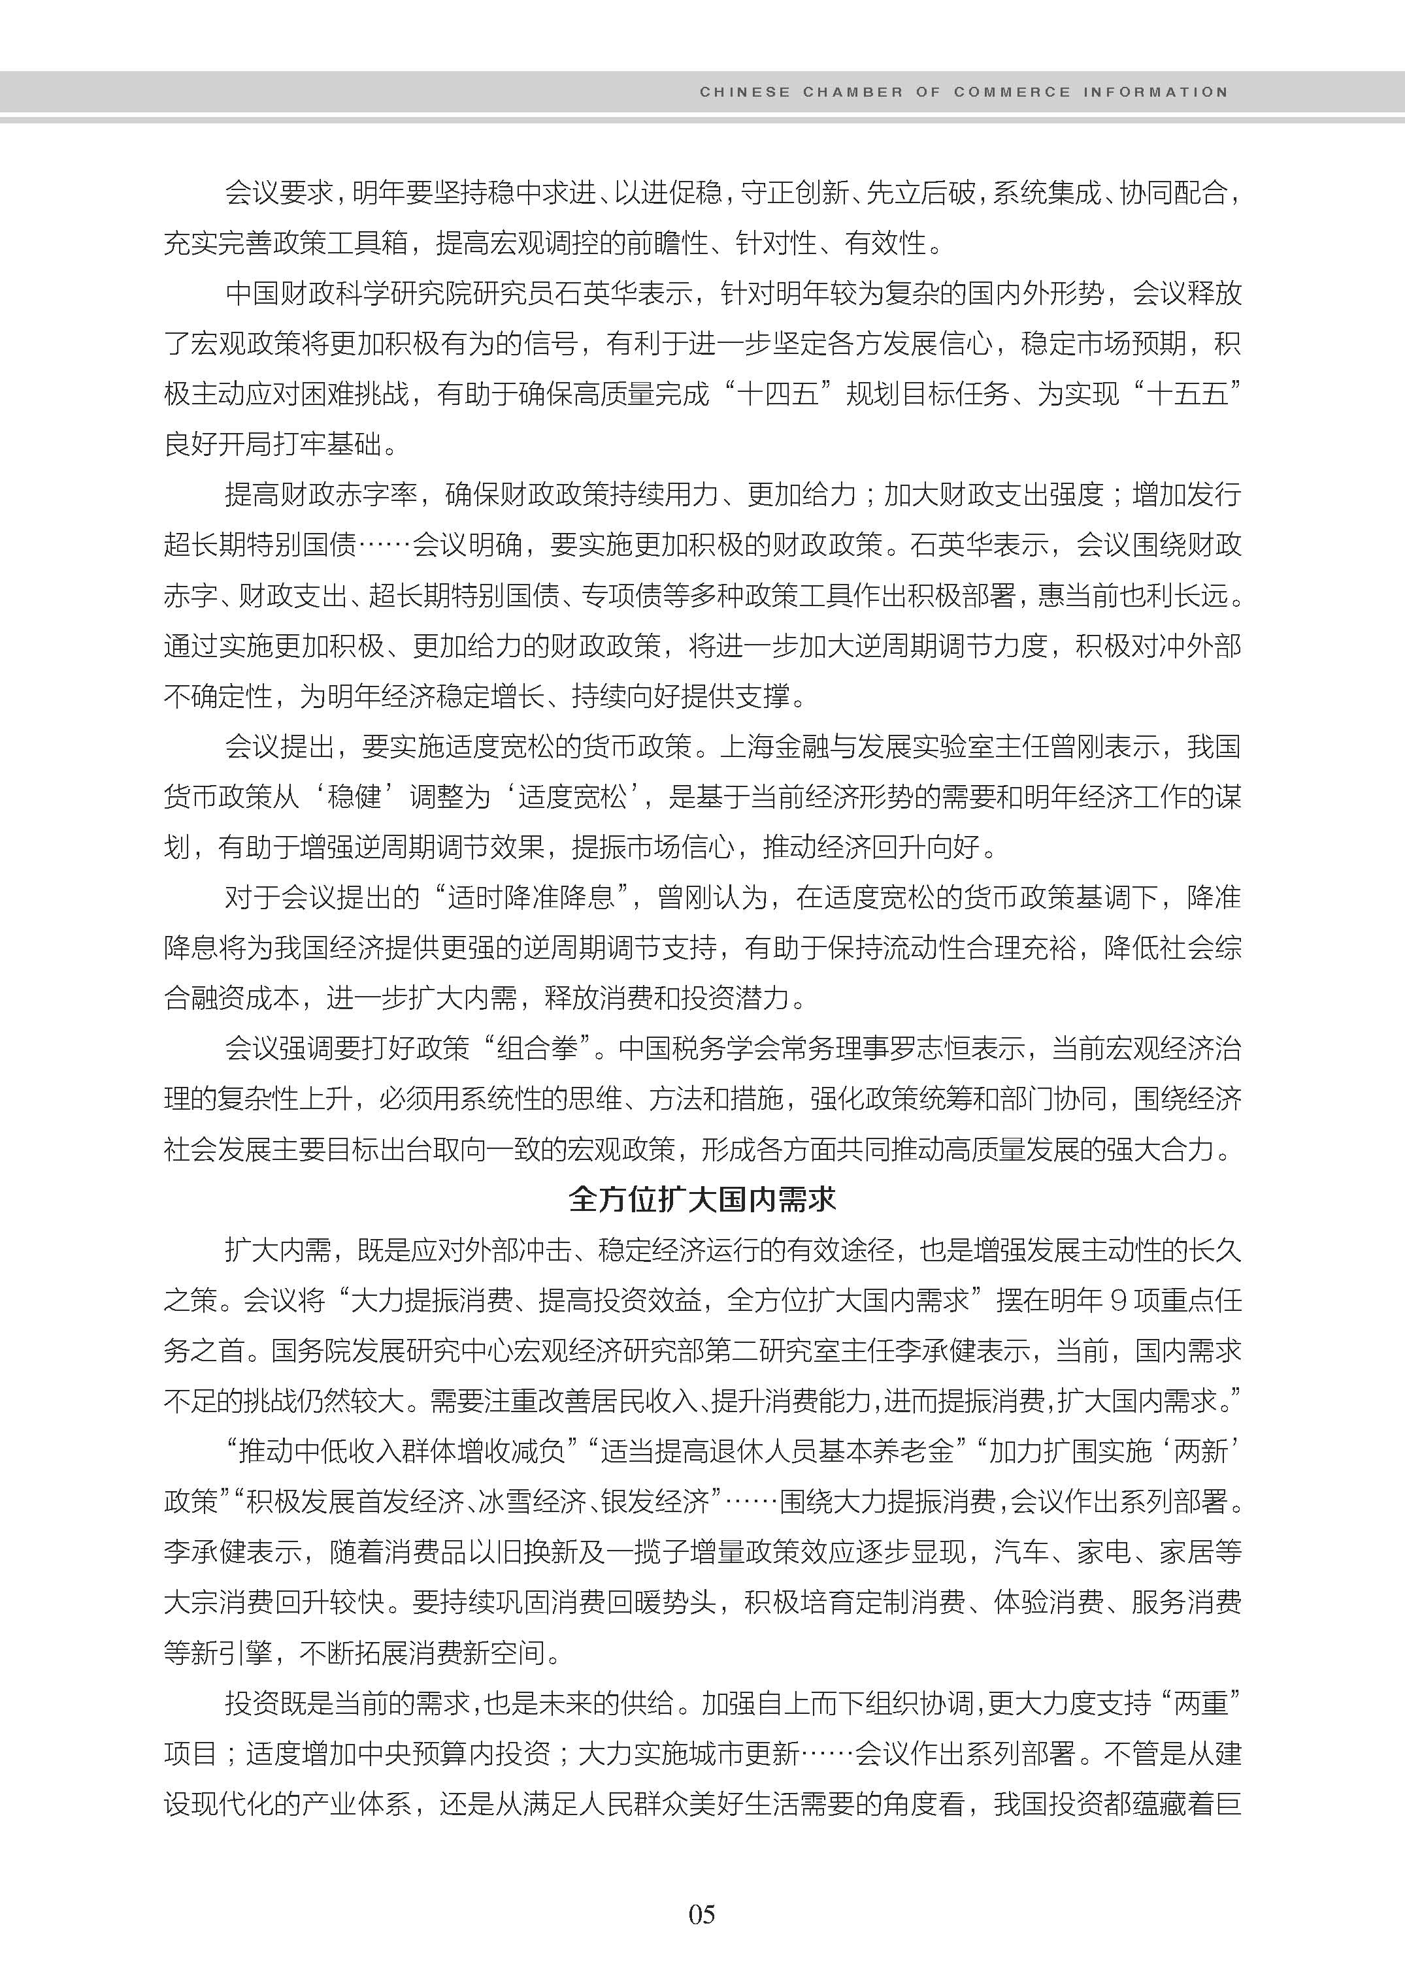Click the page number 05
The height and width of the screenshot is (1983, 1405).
coord(702,1914)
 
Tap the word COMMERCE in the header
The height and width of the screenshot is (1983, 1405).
coord(1012,91)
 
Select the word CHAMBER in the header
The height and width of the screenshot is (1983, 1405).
coord(852,91)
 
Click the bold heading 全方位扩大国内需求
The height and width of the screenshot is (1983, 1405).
coord(702,1199)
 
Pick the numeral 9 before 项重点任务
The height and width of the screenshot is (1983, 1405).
coord(1117,1300)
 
